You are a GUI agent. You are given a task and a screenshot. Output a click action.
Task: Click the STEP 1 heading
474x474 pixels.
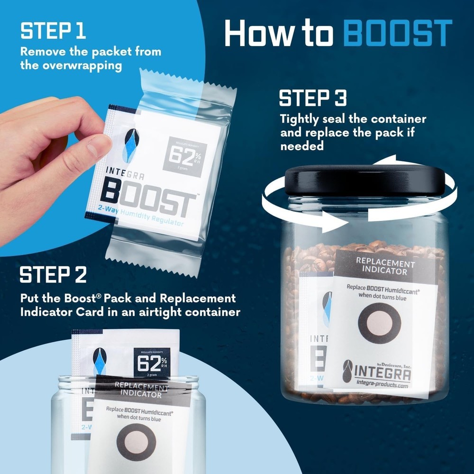tap(53, 31)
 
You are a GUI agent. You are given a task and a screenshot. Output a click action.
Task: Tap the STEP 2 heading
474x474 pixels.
tap(54, 276)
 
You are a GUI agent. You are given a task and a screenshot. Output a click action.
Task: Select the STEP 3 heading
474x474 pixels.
tap(313, 99)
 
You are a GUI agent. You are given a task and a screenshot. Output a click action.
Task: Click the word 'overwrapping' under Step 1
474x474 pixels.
tap(71, 65)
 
